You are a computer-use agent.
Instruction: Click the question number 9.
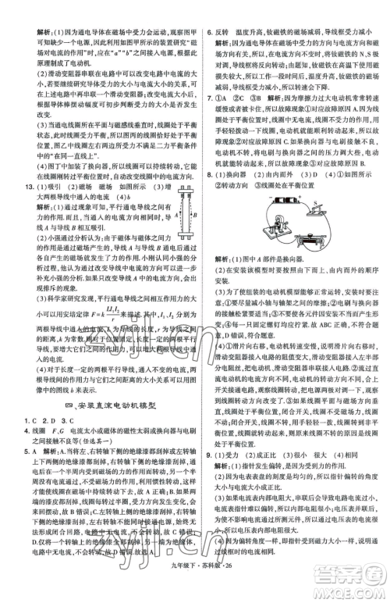click(x=209, y=454)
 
